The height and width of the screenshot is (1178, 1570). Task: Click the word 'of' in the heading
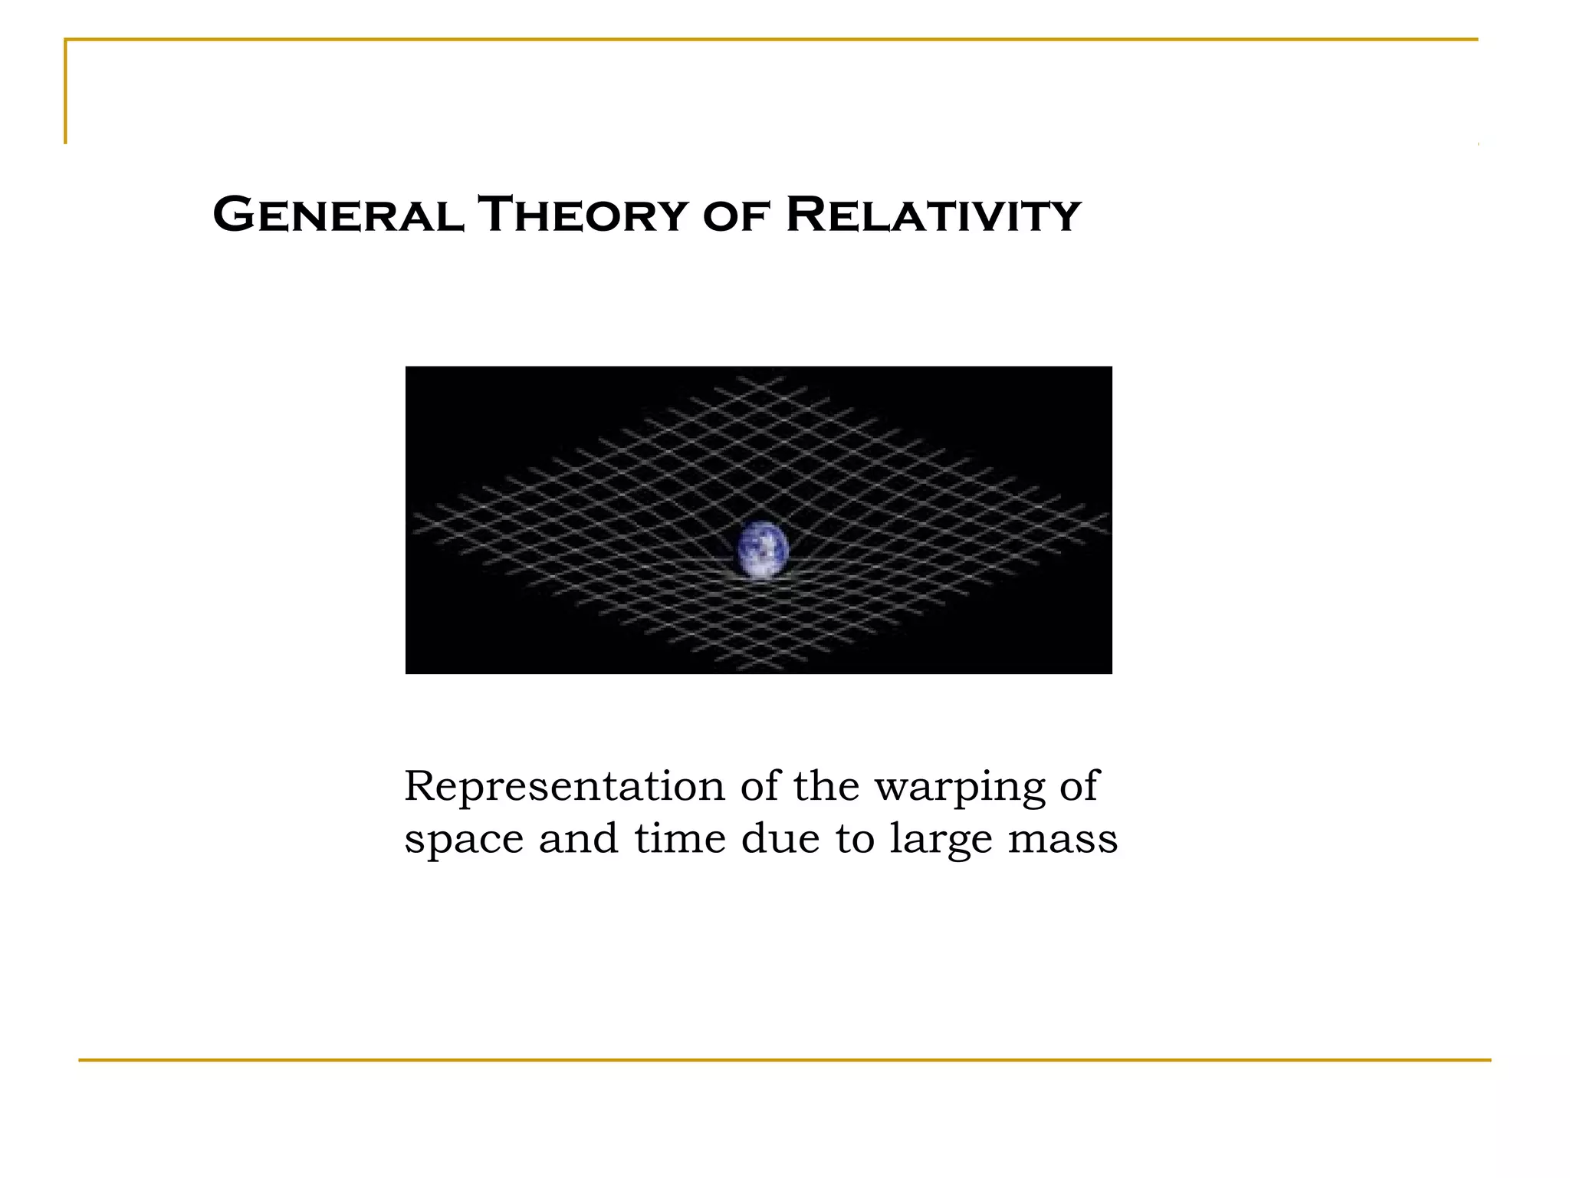pos(735,216)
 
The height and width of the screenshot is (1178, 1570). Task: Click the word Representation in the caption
pos(564,787)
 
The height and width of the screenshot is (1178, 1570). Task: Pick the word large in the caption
pos(941,841)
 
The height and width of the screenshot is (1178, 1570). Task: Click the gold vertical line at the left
pos(66,92)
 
